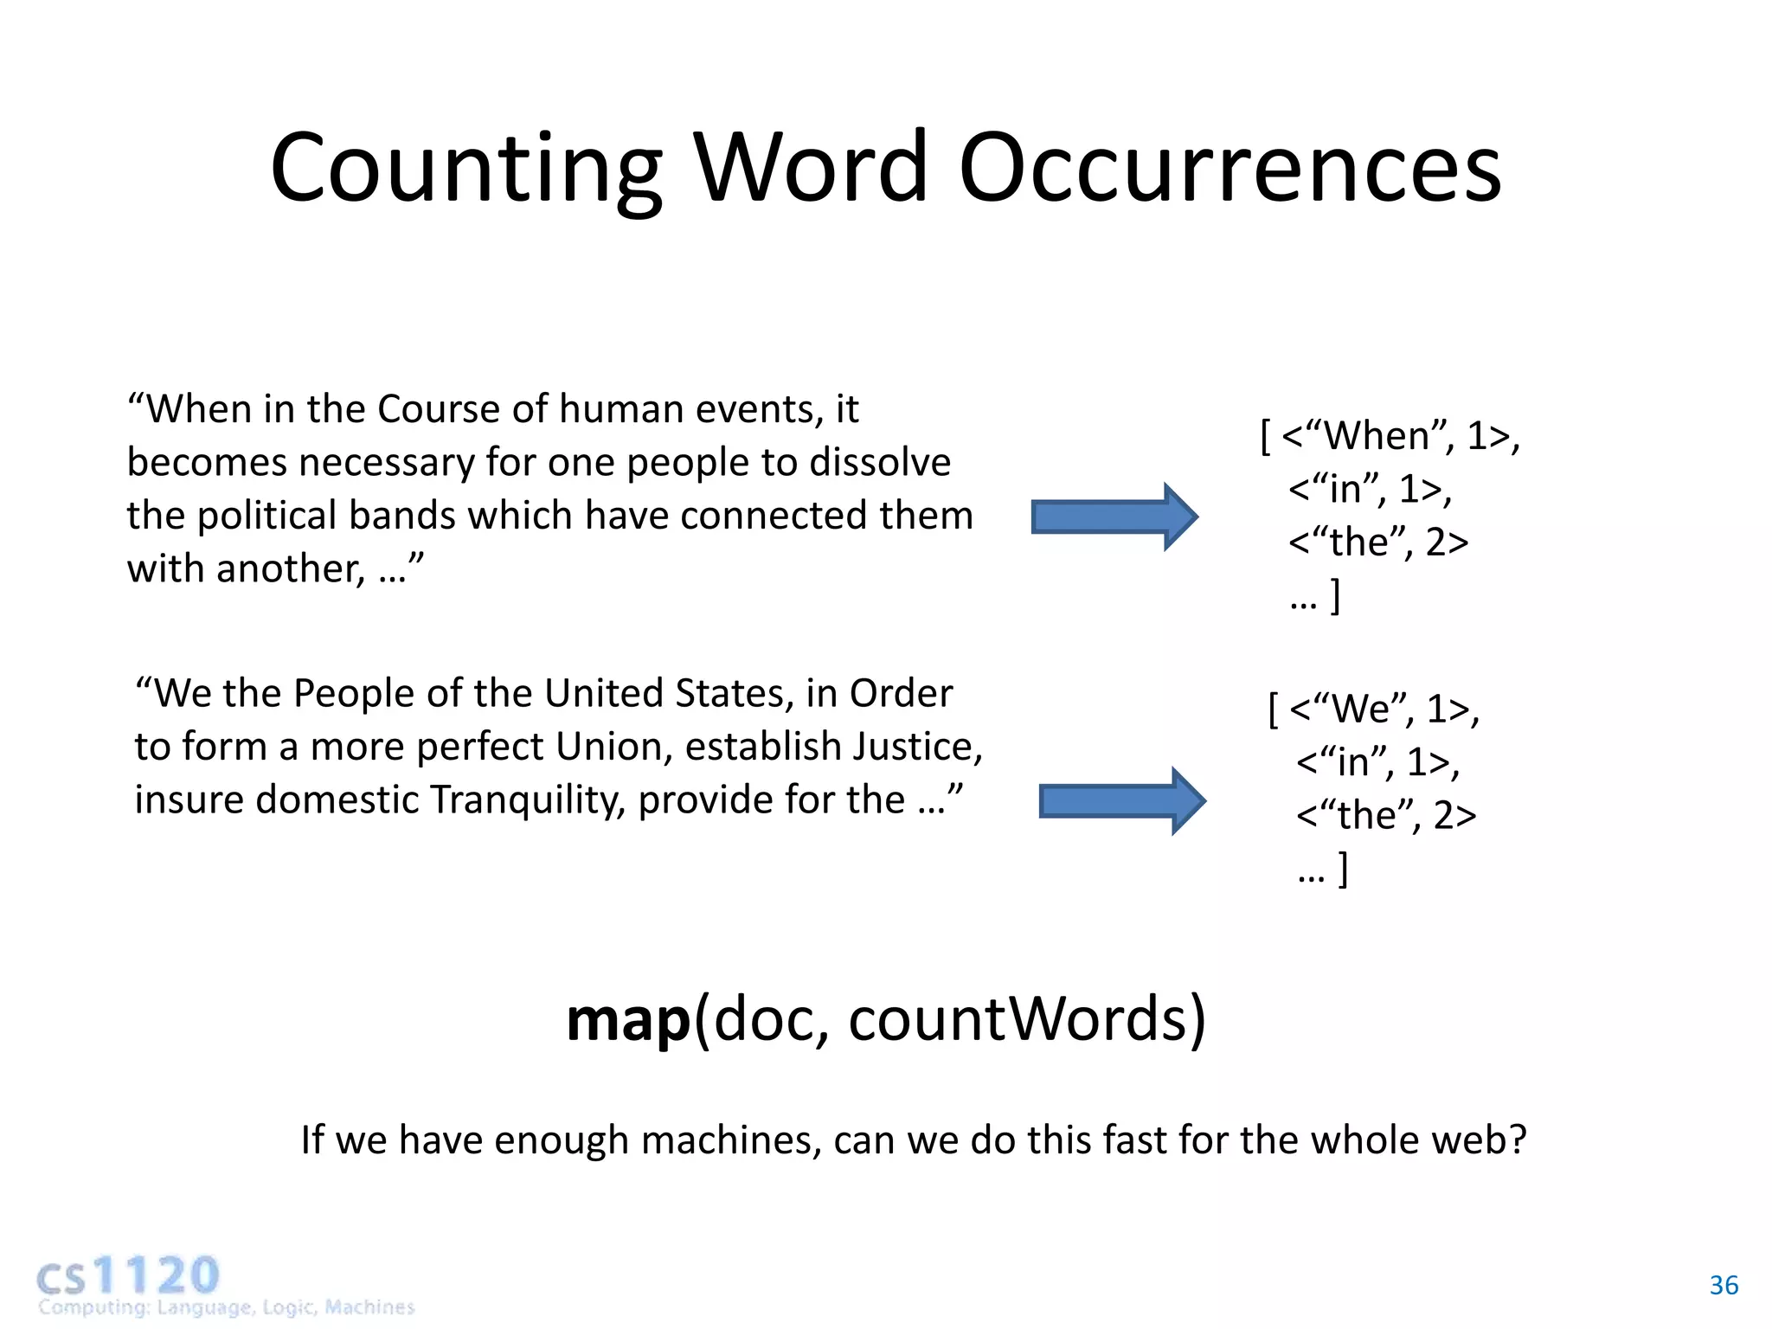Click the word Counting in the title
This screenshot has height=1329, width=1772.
(465, 169)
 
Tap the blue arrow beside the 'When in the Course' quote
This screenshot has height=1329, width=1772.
(1114, 517)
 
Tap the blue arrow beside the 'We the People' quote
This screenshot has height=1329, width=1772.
(1122, 801)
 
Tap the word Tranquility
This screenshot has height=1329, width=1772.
(527, 800)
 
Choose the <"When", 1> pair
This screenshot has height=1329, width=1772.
(1400, 436)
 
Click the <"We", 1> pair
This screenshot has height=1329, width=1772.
(1384, 709)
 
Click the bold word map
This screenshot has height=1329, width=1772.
(628, 1019)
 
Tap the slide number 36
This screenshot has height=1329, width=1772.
(1724, 1286)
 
